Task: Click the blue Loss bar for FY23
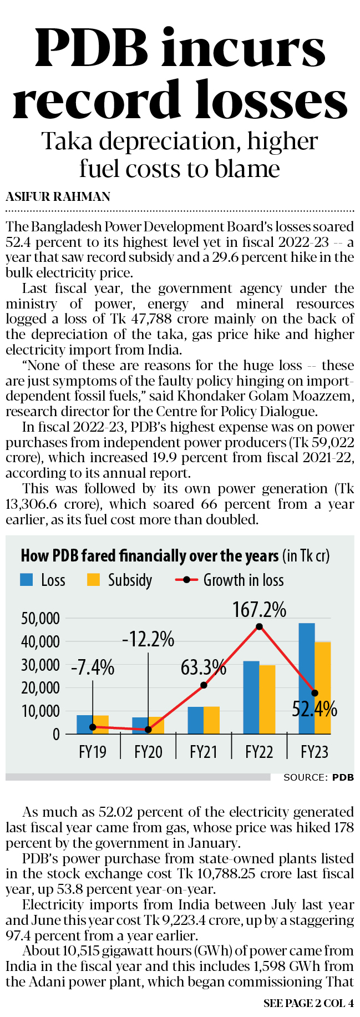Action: coord(306,678)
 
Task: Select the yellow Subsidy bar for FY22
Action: coord(267,699)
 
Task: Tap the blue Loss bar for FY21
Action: coord(195,720)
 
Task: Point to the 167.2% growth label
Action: coord(259,610)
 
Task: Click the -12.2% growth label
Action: coord(148,640)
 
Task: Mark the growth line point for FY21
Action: coord(204,685)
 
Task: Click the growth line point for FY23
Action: coord(315,693)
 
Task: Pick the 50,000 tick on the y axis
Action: coord(40,618)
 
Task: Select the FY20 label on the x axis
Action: coord(148,752)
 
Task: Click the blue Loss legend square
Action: coord(26,580)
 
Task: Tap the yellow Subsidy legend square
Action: coord(93,580)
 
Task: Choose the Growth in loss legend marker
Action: coord(186,580)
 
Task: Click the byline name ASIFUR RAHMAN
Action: coord(58,196)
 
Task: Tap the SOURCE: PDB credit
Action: coord(318,777)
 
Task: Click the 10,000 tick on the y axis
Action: coord(40,711)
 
